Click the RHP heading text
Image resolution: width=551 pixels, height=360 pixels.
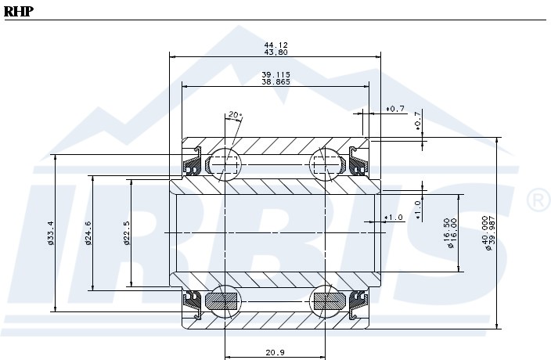click(x=18, y=11)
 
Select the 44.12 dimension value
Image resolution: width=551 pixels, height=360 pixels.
click(x=275, y=45)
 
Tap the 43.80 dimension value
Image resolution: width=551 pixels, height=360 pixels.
click(x=275, y=52)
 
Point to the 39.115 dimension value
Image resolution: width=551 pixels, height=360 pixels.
click(x=275, y=74)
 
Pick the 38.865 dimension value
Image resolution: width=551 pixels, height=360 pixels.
click(x=275, y=81)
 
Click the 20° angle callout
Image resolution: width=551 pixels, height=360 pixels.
click(x=235, y=115)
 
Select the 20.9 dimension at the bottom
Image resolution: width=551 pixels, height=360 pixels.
click(x=274, y=352)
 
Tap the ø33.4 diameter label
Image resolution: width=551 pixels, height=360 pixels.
click(x=50, y=232)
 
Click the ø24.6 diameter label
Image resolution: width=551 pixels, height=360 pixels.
click(x=88, y=232)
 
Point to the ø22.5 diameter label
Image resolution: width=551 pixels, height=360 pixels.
click(x=126, y=232)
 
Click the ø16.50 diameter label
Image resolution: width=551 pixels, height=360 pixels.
click(x=446, y=232)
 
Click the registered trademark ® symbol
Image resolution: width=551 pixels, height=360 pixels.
click(x=537, y=201)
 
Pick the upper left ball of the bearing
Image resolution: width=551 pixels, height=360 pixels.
click(x=225, y=164)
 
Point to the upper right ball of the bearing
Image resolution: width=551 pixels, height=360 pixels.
click(x=327, y=164)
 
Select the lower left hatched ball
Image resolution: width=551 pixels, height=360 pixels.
click(x=225, y=300)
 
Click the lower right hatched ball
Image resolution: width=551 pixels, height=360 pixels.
click(x=327, y=300)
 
